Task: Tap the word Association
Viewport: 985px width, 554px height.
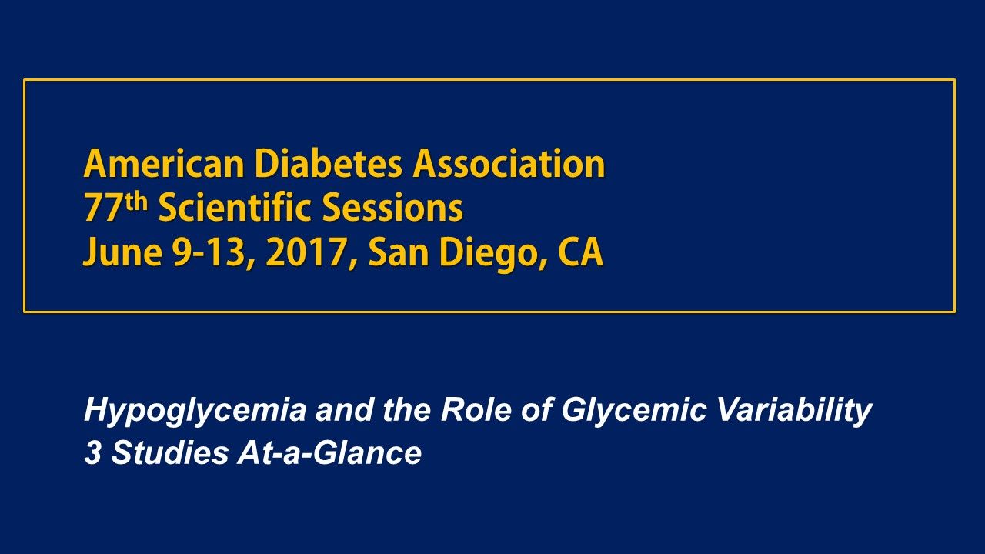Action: pyautogui.click(x=509, y=165)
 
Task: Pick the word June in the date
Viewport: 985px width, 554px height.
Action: pyautogui.click(x=114, y=255)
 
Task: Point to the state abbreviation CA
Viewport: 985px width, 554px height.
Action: pyautogui.click(x=579, y=255)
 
